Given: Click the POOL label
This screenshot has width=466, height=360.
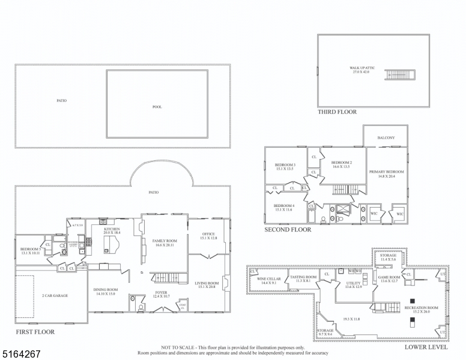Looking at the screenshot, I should point(157,107).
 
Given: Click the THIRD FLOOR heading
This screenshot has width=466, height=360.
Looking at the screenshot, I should point(337,112).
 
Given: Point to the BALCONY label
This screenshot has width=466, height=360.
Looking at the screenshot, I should point(386,138).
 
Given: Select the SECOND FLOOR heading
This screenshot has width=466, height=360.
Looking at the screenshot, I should point(288,230).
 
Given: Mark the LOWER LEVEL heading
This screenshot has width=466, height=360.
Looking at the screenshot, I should point(426,347).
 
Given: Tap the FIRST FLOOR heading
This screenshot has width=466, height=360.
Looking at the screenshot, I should point(35,332).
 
